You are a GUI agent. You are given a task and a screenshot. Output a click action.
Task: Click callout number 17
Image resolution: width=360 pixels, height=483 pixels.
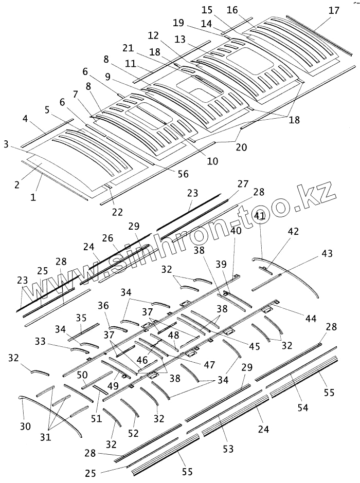coord(334,10)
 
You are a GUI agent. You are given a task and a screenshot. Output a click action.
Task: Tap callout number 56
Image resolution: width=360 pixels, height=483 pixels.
coord(183,174)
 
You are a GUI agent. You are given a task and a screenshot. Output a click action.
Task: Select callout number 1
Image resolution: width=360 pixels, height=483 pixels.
coord(33,197)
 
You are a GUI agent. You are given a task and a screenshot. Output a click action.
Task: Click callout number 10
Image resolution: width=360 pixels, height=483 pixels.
coord(213,161)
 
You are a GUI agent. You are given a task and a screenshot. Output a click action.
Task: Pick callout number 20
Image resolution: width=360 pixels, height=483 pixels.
coord(241,147)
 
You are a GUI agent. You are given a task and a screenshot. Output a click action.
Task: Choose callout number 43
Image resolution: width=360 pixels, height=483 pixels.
coord(327,253)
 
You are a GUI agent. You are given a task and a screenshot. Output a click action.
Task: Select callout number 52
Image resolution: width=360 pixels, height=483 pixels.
coord(133,434)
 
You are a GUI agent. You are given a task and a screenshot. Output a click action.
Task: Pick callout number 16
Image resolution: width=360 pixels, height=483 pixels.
coord(232,10)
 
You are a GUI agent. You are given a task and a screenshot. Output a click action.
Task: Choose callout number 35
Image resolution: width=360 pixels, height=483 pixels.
coord(81,318)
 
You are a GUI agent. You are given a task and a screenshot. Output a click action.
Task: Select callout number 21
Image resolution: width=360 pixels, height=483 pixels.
coord(128,48)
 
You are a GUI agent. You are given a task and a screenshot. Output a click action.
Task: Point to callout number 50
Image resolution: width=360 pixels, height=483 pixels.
coord(82,375)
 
